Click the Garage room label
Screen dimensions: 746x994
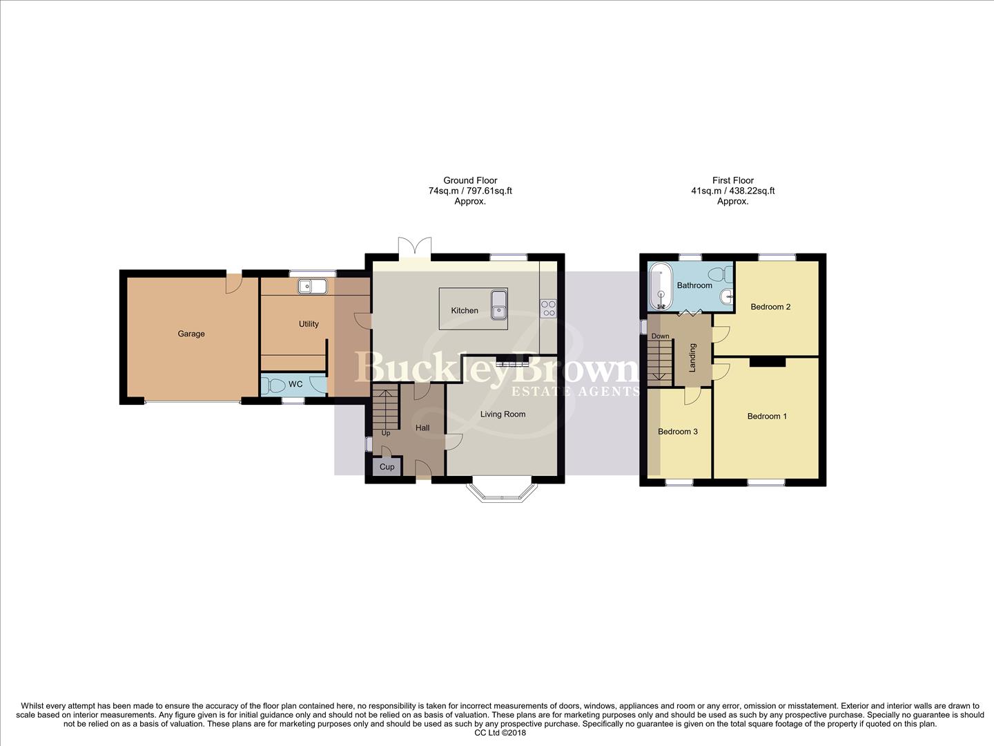click(191, 334)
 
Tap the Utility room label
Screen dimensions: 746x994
click(309, 324)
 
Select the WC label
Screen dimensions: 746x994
click(295, 384)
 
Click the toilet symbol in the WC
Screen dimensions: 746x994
click(273, 385)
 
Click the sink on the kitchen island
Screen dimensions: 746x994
click(497, 306)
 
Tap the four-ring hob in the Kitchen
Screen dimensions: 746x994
click(549, 308)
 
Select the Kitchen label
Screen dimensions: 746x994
click(465, 311)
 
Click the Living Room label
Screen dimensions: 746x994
click(503, 414)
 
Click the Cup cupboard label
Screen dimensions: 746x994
click(387, 467)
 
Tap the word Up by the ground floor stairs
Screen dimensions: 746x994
click(386, 433)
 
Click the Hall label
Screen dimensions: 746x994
click(422, 428)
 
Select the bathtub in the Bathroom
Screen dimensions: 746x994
click(661, 286)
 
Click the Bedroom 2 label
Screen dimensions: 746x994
click(770, 307)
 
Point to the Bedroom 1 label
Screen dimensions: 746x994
click(767, 417)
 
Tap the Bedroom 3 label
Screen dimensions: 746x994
click(677, 432)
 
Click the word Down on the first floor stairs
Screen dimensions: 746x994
click(660, 336)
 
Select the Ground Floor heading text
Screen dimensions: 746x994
click(470, 181)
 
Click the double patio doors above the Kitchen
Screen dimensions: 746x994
click(415, 247)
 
